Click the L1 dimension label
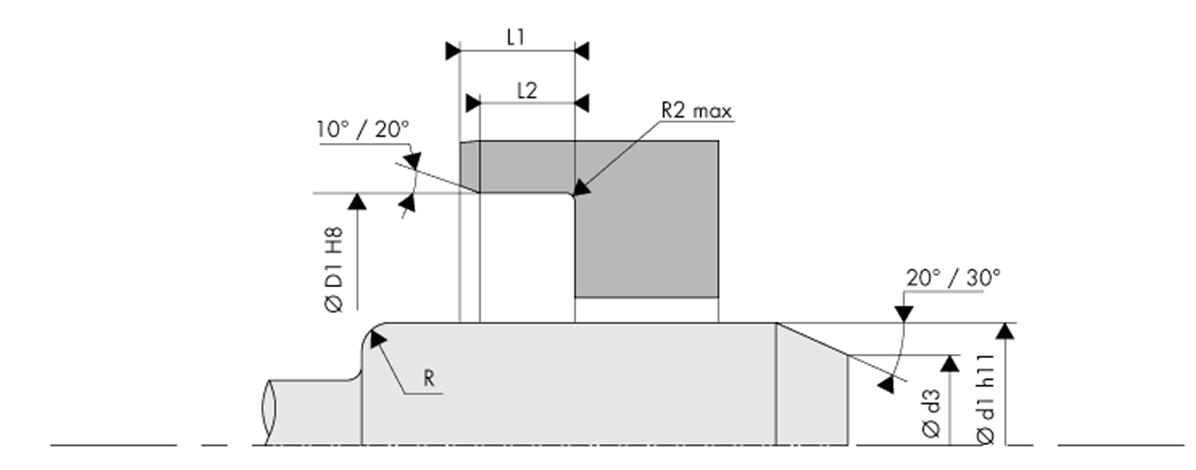pos(515,37)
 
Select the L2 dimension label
pos(527,90)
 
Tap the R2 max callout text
pos(697,111)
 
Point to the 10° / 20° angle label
pos(363,130)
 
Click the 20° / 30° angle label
pos(953,277)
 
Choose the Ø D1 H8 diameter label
pos(334,270)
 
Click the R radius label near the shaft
pos(429,379)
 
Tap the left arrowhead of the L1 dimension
pos(453,51)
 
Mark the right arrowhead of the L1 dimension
pos(581,51)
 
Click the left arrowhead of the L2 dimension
pos(473,103)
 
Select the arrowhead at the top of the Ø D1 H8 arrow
pos(357,194)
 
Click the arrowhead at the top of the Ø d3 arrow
pos(950,356)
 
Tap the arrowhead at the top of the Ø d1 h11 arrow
pos(1005,324)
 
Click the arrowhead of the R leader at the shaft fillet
pos(371,332)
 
